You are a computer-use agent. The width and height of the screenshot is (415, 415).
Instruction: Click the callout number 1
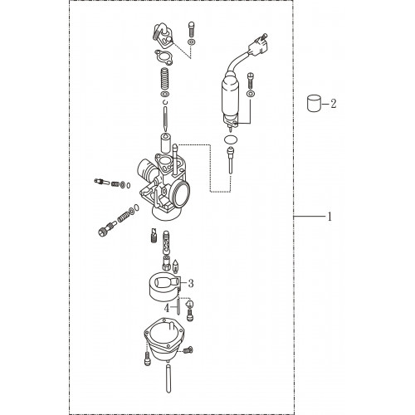[x=330, y=217]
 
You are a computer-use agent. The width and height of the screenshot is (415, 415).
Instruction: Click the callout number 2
[x=334, y=104]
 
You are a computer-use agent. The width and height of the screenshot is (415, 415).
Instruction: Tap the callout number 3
[x=191, y=283]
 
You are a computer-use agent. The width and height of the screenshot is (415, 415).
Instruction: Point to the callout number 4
[x=167, y=308]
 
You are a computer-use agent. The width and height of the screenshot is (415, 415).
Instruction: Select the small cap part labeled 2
[x=315, y=103]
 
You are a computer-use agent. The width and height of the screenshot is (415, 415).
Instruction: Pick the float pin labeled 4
[x=178, y=305]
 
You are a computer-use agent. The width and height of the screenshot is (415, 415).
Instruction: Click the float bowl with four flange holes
[x=164, y=339]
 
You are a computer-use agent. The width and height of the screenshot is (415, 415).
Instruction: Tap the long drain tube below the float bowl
[x=168, y=378]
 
